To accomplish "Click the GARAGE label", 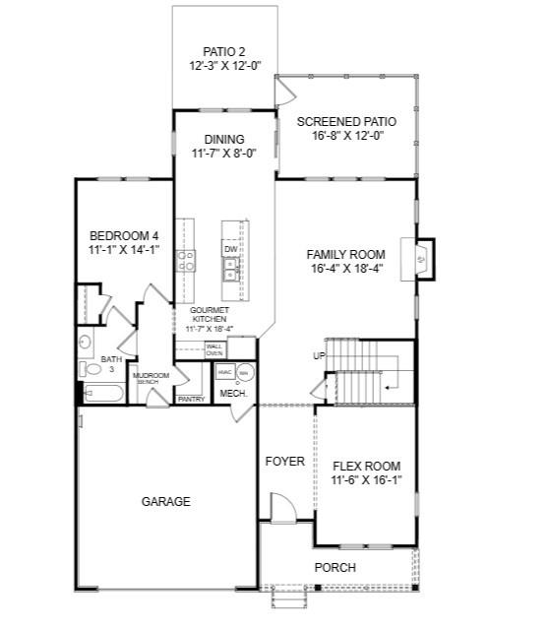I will (165, 501).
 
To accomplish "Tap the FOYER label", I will (284, 461).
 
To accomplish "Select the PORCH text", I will (335, 567).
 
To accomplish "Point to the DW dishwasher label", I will (230, 250).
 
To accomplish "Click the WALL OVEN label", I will (214, 349).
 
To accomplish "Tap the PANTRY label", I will (190, 399).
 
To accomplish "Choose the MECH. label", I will (233, 394).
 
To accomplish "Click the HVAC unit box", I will (223, 372).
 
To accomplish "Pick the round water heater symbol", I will (245, 372).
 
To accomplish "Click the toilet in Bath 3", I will (85, 370).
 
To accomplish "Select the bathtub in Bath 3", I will (101, 395).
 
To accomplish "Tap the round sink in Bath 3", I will (85, 343).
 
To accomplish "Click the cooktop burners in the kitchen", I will (185, 261).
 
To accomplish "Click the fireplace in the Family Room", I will (419, 260).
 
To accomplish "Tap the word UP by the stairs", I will (319, 355).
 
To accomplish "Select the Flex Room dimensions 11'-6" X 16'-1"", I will (367, 480).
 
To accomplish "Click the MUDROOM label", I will (152, 375).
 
